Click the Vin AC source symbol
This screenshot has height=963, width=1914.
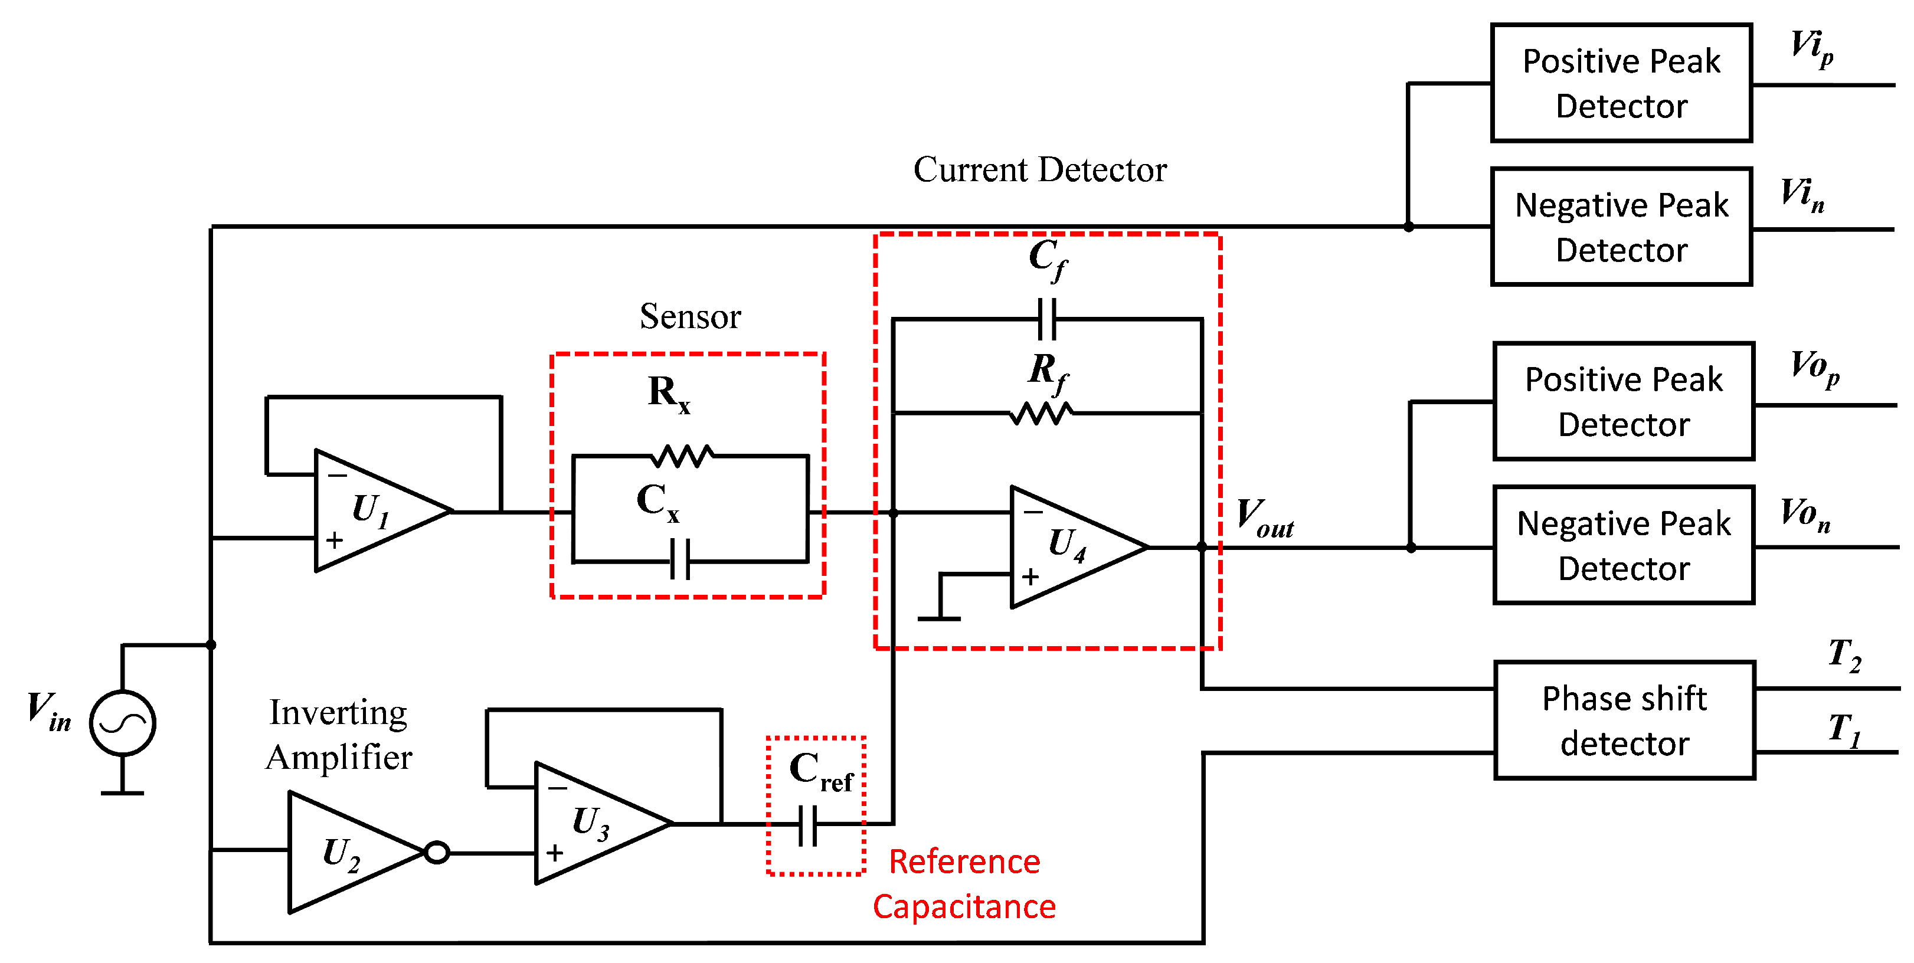[123, 723]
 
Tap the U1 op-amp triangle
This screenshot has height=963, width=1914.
[371, 511]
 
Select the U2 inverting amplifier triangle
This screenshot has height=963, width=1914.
[345, 852]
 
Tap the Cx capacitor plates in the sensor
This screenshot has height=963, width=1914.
[680, 559]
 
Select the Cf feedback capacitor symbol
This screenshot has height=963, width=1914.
[1047, 319]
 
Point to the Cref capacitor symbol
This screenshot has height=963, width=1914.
[809, 825]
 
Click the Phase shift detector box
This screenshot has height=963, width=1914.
[1624, 720]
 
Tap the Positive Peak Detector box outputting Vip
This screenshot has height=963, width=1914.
[1621, 83]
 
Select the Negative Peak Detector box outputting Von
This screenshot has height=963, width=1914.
[1624, 545]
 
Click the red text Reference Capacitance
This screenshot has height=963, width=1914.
[964, 885]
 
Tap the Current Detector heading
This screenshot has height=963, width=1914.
[1039, 169]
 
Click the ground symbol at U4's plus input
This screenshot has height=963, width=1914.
[939, 617]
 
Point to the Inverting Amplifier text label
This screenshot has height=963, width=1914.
[339, 735]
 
